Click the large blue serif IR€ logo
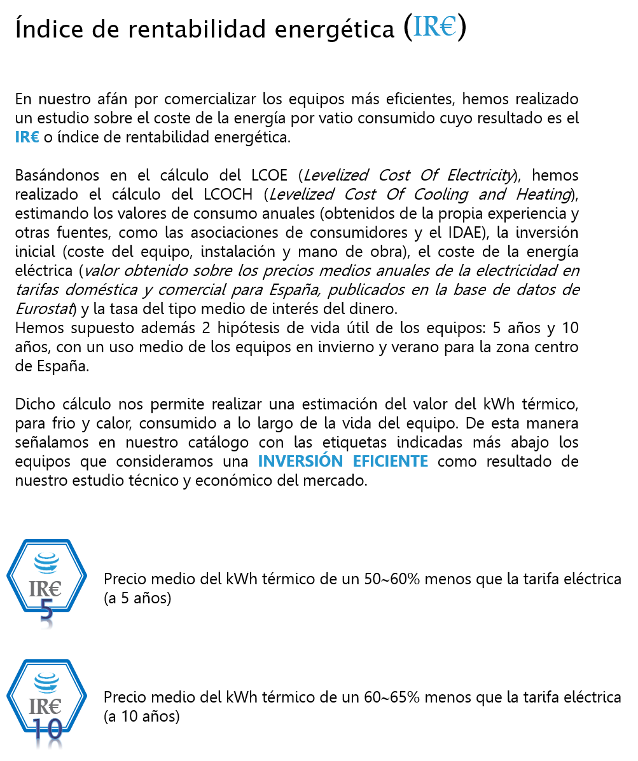[x=434, y=26]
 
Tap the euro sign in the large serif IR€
[x=448, y=27]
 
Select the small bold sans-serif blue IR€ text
[x=27, y=137]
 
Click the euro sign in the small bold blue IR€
[x=34, y=137]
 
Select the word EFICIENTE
[x=390, y=461]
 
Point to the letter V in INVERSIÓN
[x=280, y=461]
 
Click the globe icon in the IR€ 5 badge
[x=46, y=562]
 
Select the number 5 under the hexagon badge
[x=46, y=615]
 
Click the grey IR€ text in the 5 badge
[x=45, y=589]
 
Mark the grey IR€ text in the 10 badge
[x=45, y=706]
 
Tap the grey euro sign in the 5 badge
[x=55, y=589]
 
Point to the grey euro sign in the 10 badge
[x=55, y=706]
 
